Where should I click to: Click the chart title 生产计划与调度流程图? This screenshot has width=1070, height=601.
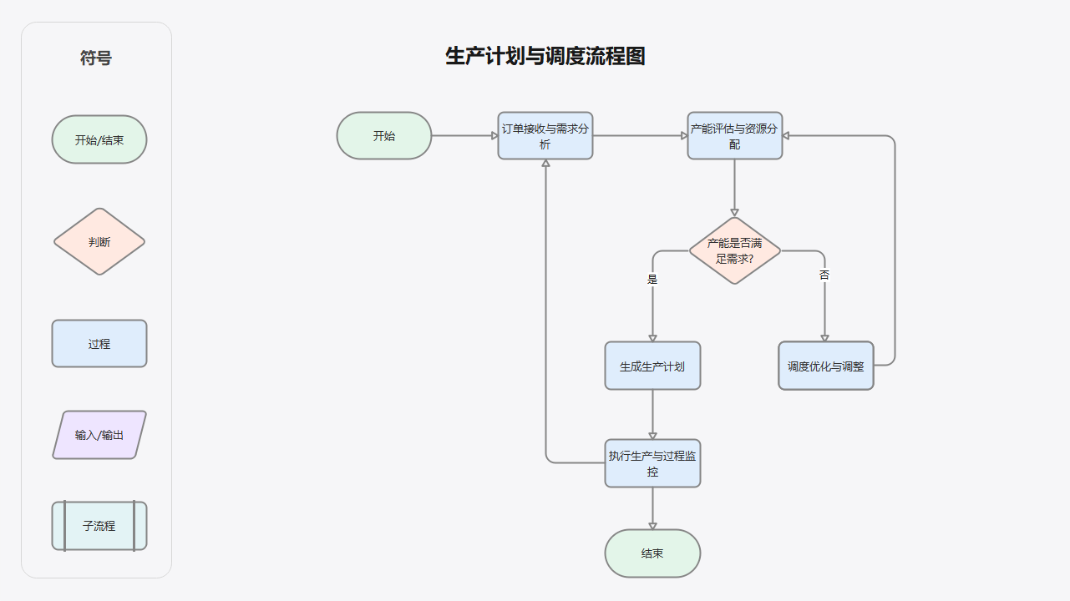(x=545, y=57)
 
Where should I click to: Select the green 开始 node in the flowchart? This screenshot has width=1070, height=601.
(x=384, y=136)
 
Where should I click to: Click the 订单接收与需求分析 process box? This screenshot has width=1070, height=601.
(x=545, y=136)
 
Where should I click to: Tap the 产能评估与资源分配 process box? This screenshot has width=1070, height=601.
(x=735, y=136)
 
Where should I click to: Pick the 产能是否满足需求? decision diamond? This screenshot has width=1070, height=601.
(x=735, y=250)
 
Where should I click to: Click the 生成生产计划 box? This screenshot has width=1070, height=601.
(x=652, y=366)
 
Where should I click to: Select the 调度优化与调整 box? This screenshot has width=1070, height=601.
(x=825, y=366)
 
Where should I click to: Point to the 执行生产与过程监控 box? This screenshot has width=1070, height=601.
(x=652, y=463)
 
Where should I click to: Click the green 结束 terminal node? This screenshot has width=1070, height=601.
(x=652, y=553)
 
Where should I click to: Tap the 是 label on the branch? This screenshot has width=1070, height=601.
(x=652, y=280)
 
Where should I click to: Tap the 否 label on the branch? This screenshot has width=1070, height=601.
(x=824, y=275)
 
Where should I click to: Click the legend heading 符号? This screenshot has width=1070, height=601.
(x=96, y=58)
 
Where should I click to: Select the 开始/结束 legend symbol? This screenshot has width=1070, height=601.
(x=99, y=139)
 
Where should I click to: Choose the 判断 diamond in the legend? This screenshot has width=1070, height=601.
(x=99, y=242)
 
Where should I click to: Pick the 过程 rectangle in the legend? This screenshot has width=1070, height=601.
(x=99, y=344)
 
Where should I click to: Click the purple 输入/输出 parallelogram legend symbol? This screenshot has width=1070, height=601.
(x=99, y=435)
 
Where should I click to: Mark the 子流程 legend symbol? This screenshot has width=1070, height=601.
(x=99, y=526)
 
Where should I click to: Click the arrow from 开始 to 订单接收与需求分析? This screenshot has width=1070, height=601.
(x=464, y=135)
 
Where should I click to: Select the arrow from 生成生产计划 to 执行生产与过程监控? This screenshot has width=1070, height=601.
(x=652, y=413)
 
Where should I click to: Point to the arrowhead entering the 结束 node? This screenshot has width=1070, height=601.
(x=652, y=526)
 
